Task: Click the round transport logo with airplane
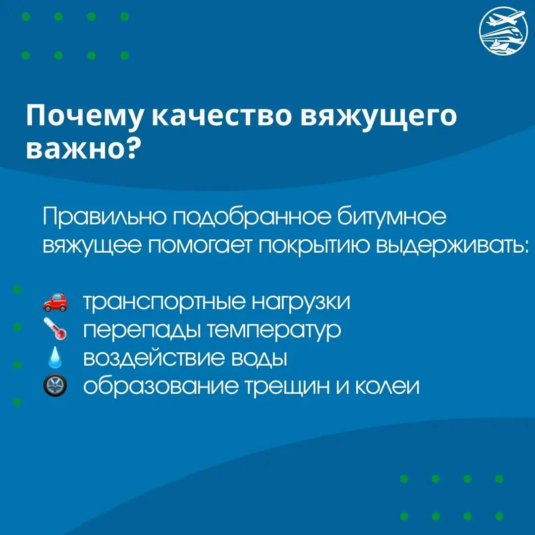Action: click(x=504, y=31)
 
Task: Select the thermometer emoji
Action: click(x=55, y=329)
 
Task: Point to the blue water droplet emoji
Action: click(x=55, y=357)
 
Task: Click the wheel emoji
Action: click(x=55, y=385)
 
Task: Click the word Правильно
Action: click(x=106, y=217)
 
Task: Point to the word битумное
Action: click(x=391, y=216)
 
